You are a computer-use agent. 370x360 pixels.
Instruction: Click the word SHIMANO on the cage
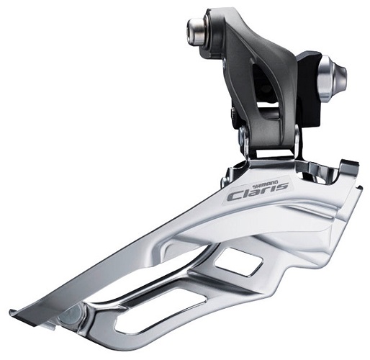click(266, 184)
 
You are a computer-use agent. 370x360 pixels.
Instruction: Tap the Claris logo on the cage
click(258, 192)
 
